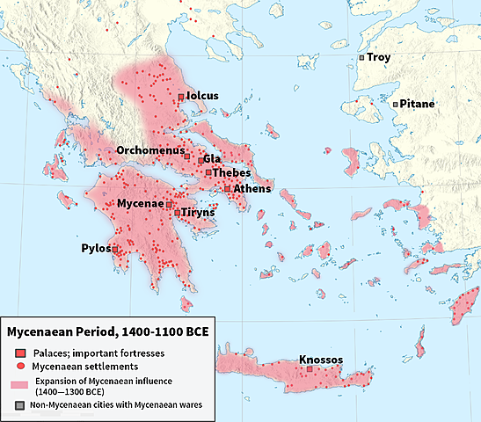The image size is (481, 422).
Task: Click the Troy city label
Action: tap(379, 57)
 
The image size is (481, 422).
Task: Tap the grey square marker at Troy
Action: tap(361, 57)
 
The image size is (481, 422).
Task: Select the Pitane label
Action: tap(418, 104)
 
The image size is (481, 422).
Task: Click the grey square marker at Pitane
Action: tap(396, 104)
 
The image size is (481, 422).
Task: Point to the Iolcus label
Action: tap(202, 96)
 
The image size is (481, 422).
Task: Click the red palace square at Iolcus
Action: tap(181, 96)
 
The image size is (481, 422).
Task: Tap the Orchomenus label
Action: tap(149, 150)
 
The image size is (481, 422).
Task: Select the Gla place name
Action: tap(212, 159)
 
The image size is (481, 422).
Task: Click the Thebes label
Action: tap(232, 173)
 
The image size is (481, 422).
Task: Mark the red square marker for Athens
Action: tap(227, 188)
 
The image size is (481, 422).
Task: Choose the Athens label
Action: tap(252, 188)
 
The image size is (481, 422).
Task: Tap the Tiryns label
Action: tap(198, 213)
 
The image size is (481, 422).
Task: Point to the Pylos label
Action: tap(95, 249)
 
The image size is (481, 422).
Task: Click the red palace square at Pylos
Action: tap(115, 250)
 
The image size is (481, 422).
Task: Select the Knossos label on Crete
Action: tap(320, 360)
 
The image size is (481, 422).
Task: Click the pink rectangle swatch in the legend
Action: tap(19, 385)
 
